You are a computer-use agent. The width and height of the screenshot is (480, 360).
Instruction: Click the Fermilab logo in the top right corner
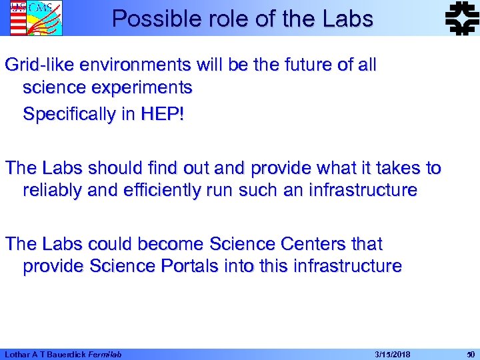click(x=460, y=18)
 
